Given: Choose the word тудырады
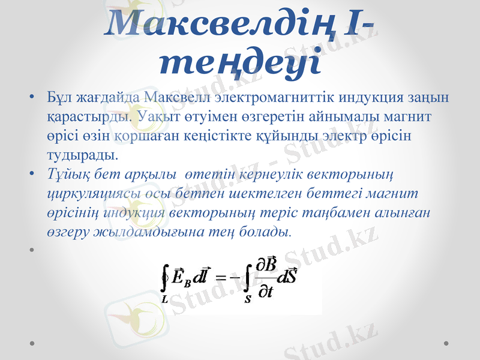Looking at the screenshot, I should coord(82,155).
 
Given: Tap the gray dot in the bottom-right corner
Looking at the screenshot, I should coord(446,343).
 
